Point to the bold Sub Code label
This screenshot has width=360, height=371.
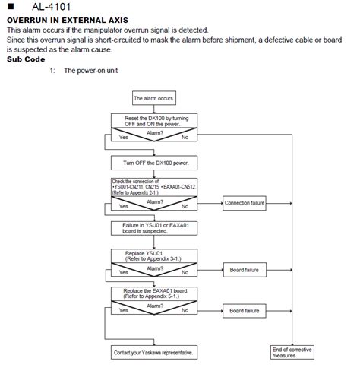(x=26, y=59)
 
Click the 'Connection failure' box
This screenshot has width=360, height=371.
(x=245, y=203)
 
